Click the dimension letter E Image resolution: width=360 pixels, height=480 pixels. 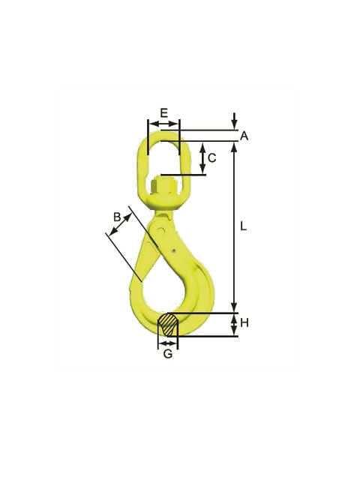(164, 112)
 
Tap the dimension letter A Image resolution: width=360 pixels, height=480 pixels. (244, 136)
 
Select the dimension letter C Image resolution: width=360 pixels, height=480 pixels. (211, 158)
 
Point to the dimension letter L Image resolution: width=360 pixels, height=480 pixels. (243, 226)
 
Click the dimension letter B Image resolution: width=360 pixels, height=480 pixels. (117, 217)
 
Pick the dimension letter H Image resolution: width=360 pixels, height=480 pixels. (244, 322)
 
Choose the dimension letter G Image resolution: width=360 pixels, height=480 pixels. (168, 354)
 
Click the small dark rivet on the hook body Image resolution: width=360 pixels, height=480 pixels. (173, 251)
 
